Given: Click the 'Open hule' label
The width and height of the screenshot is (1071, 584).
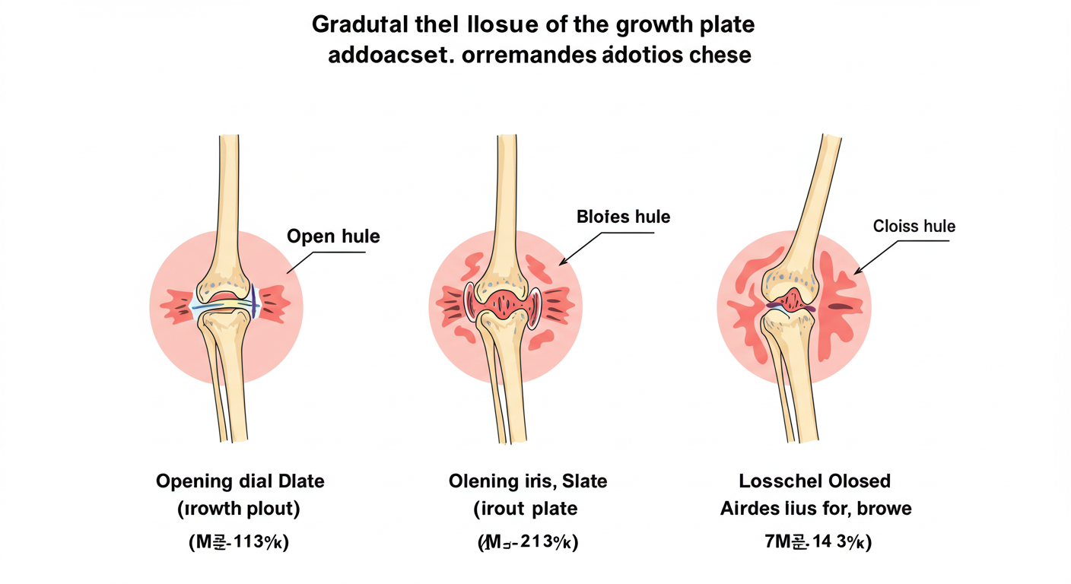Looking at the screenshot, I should pyautogui.click(x=333, y=236).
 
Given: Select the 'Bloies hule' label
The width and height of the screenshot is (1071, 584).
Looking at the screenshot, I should pyautogui.click(x=624, y=217).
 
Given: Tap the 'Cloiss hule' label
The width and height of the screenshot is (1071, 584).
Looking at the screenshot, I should pyautogui.click(x=914, y=226).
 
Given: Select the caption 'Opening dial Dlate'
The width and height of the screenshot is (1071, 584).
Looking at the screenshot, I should pyautogui.click(x=240, y=481).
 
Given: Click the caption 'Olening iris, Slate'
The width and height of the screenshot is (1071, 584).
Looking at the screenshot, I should pyautogui.click(x=528, y=481).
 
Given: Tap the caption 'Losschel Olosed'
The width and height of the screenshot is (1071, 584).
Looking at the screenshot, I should pyautogui.click(x=815, y=481).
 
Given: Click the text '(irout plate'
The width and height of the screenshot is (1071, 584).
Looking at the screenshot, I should pyautogui.click(x=525, y=509).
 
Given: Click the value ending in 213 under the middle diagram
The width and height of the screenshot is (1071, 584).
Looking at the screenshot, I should pyautogui.click(x=527, y=543).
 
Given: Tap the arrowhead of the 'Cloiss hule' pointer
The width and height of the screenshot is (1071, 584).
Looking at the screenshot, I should pyautogui.click(x=855, y=271).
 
